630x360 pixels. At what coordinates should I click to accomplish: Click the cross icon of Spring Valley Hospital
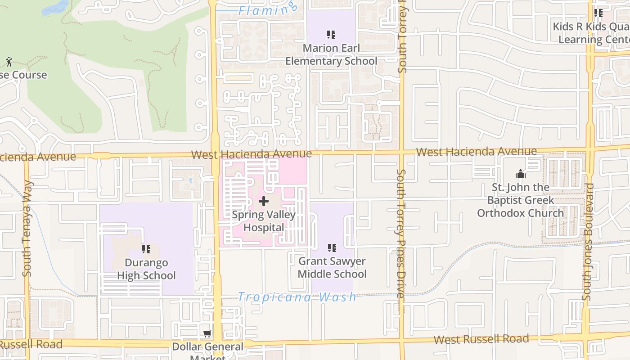click(x=264, y=201)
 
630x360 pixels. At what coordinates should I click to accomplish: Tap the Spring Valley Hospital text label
click(x=264, y=221)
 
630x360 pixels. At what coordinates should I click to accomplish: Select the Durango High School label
click(x=146, y=269)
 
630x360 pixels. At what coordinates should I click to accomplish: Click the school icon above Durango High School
click(x=146, y=249)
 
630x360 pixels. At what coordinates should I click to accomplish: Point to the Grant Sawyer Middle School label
click(x=332, y=267)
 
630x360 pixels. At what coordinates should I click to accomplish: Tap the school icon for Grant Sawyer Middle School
click(x=332, y=247)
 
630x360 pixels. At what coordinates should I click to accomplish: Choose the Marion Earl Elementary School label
click(x=331, y=54)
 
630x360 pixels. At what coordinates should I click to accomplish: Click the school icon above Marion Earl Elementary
click(x=331, y=34)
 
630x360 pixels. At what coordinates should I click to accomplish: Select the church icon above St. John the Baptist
click(x=521, y=174)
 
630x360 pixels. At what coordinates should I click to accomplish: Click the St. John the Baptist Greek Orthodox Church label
click(x=520, y=200)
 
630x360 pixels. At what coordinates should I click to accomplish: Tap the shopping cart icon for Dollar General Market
click(x=207, y=333)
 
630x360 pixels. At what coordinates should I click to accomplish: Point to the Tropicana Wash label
click(x=297, y=297)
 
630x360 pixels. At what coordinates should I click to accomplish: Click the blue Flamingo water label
click(x=268, y=9)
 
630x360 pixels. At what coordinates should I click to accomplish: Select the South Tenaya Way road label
click(x=27, y=229)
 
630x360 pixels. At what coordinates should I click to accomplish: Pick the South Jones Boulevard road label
click(x=588, y=242)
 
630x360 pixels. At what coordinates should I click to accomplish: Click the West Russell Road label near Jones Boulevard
click(x=481, y=339)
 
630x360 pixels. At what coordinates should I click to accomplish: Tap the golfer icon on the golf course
click(x=9, y=62)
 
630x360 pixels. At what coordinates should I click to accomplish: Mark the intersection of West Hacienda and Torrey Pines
click(x=401, y=153)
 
